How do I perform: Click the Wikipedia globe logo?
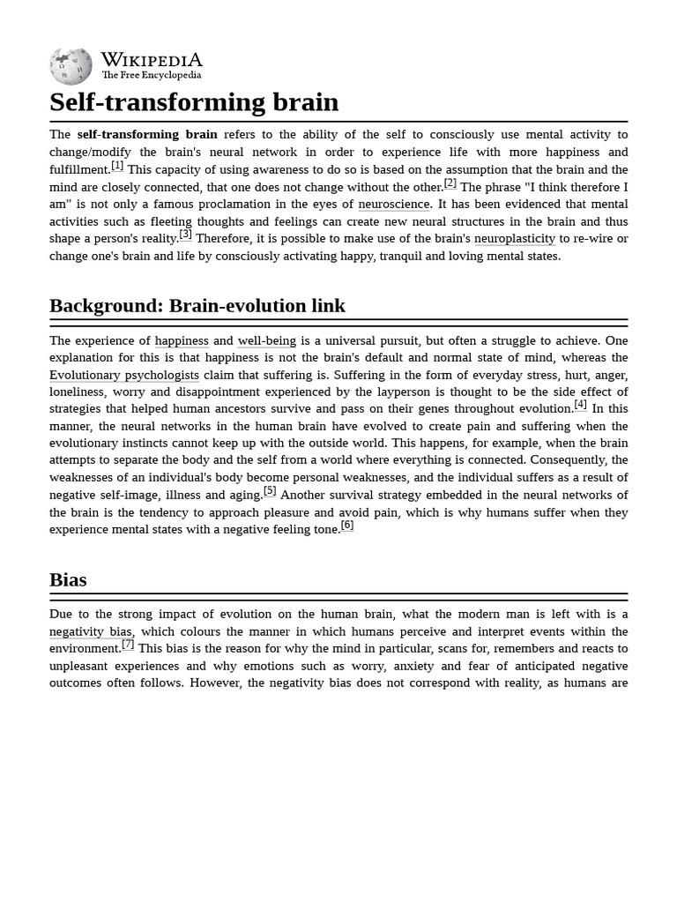71,66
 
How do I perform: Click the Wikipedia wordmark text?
152,60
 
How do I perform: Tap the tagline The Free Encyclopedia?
151,76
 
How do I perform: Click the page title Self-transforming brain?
194,102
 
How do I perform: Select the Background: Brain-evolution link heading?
197,306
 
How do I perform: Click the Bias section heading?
68,580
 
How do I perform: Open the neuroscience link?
393,205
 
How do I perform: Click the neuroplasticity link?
515,239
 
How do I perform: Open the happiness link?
182,341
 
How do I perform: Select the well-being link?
267,341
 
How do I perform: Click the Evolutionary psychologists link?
124,376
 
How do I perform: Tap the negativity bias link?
91,632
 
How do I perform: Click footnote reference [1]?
117,166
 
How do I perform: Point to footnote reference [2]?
450,183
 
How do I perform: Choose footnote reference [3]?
185,235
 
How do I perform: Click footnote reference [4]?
580,405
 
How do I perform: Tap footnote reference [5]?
270,491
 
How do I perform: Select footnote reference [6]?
347,526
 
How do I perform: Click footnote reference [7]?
128,645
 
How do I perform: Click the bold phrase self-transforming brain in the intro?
147,135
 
